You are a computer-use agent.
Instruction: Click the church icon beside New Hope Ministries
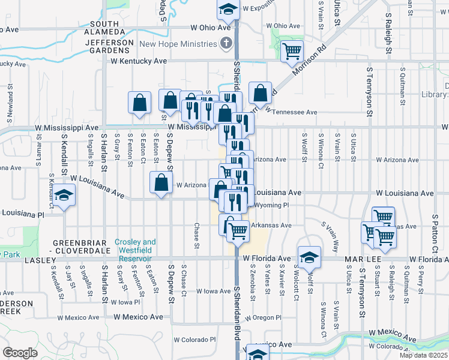tap(226, 43)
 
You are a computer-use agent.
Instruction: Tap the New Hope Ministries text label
tap(178, 44)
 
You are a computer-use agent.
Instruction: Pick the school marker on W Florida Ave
tap(309, 257)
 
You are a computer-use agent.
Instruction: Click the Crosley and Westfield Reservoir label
tap(135, 246)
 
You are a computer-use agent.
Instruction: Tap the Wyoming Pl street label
tap(272, 205)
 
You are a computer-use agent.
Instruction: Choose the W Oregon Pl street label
tap(262, 317)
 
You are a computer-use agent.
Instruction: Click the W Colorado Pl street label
tap(195, 339)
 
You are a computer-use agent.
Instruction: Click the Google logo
tap(20, 353)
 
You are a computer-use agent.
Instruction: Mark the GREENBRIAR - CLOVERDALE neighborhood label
tap(76, 246)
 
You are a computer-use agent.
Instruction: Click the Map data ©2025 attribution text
tap(423, 355)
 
